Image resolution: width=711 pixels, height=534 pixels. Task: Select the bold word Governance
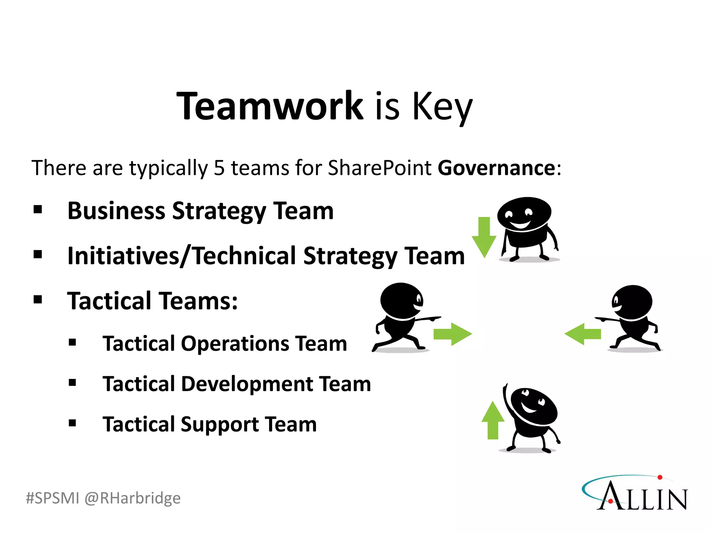click(496, 168)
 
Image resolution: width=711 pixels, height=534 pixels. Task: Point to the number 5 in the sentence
click(219, 168)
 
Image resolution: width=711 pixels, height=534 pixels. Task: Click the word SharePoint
click(379, 168)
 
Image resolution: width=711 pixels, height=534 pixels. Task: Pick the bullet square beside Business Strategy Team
click(38, 210)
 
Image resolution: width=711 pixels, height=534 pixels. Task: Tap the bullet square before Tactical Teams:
click(38, 300)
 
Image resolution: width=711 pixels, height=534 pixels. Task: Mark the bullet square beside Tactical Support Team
click(72, 423)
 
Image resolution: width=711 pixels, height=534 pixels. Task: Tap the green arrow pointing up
click(493, 420)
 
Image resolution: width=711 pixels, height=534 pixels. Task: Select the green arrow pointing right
click(452, 334)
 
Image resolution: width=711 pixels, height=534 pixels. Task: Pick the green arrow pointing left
click(583, 334)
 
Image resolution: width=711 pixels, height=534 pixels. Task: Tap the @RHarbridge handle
click(132, 498)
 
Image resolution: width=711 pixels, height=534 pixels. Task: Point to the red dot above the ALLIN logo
click(660, 478)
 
